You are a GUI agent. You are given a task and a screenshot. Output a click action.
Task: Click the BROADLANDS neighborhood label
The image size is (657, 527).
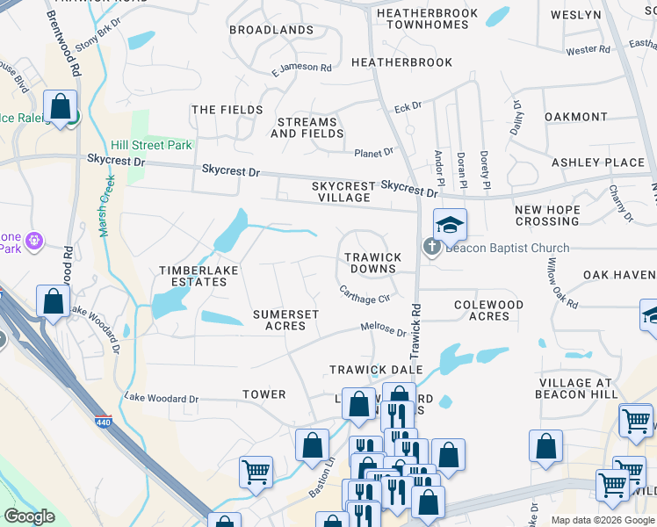tap(271, 30)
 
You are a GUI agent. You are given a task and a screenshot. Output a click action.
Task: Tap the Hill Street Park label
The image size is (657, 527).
tap(152, 146)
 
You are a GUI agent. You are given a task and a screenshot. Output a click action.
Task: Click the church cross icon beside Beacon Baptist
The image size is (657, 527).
tap(432, 248)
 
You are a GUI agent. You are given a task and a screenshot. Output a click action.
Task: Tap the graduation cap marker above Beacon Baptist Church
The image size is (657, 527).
tap(450, 226)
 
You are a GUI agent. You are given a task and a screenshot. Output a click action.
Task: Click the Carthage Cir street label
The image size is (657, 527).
tap(365, 292)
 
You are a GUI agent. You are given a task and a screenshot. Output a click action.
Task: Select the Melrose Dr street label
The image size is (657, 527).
tap(383, 329)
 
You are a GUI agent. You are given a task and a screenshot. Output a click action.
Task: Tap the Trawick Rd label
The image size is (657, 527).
tap(416, 329)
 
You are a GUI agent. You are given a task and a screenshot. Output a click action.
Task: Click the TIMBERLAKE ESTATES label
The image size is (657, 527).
tap(192, 276)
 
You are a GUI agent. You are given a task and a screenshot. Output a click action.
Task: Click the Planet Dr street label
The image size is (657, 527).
tap(373, 153)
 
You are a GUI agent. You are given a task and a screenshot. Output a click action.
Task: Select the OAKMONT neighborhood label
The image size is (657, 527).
tap(575, 117)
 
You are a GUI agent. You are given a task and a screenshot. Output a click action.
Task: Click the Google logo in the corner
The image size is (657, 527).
tap(29, 516)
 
